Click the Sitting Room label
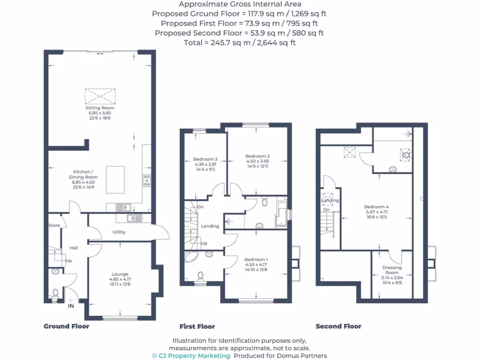click(x=99, y=108)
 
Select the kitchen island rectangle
click(x=115, y=180)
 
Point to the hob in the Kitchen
click(x=146, y=180)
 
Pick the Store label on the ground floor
click(x=54, y=225)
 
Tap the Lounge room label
click(x=120, y=274)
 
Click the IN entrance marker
click(x=71, y=306)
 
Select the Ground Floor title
click(x=66, y=326)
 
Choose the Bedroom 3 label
click(x=205, y=159)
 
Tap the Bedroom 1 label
click(x=256, y=259)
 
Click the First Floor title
click(x=197, y=326)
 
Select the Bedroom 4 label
click(x=376, y=207)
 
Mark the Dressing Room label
click(x=392, y=270)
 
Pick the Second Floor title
click(x=338, y=326)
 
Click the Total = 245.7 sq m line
click(x=240, y=43)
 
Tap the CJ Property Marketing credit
click(x=191, y=356)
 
